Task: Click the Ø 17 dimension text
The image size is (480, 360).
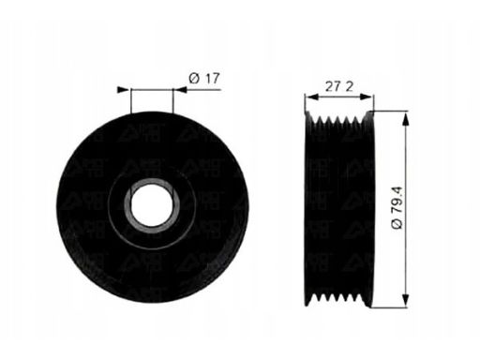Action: pyautogui.click(x=203, y=80)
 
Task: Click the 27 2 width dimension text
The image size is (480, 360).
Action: pyautogui.click(x=339, y=85)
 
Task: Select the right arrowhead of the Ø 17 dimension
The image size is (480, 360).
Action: pyautogui.click(x=179, y=90)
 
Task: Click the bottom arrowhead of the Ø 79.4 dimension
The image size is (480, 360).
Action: pyautogui.click(x=406, y=300)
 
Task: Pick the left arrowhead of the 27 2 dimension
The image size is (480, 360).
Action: pyautogui.click(x=310, y=97)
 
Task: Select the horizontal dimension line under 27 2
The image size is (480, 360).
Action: pyautogui.click(x=339, y=97)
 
